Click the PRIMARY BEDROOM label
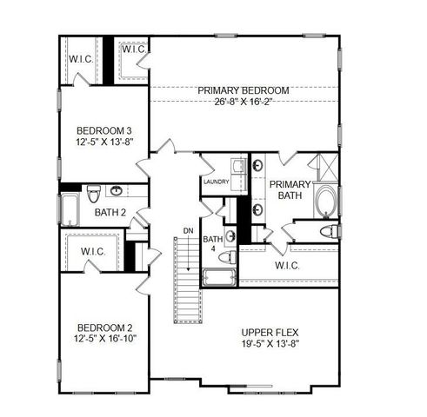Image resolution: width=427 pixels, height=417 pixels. point(243,90)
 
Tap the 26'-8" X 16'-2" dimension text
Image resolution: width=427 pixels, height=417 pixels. point(243,101)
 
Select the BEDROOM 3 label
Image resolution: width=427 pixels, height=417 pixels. point(103,122)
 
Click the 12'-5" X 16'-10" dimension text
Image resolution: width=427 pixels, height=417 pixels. point(103,338)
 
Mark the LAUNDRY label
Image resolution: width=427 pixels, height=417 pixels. point(215,182)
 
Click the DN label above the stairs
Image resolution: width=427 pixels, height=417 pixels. point(187,230)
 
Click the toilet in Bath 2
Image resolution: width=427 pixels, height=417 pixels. point(116,191)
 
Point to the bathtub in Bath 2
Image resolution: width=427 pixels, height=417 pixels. point(70,209)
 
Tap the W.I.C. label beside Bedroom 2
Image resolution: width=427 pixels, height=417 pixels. point(94,252)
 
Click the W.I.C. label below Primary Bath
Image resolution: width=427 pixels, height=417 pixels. point(287,265)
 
